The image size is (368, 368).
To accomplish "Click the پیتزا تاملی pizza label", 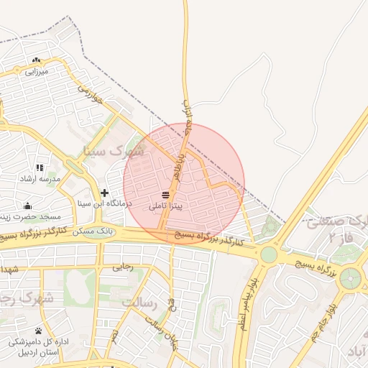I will pos(166,206).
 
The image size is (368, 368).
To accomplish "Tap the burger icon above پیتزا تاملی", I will pos(166,195).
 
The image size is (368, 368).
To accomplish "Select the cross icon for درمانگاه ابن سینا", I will pos(105,193).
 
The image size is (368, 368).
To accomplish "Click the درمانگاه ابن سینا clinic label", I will pos(106,203).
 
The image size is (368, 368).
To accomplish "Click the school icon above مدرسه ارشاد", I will pos(40,167).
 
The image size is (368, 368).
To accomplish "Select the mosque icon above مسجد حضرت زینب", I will pos(28,206).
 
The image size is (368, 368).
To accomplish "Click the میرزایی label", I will pos(36,71).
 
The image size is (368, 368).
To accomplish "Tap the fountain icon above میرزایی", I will pos(36,60).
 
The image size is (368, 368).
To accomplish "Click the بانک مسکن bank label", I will pos(95,231).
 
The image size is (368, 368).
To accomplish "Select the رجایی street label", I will pos(123,267).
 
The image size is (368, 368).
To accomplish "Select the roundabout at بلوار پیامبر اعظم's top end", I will pos(269,254).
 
